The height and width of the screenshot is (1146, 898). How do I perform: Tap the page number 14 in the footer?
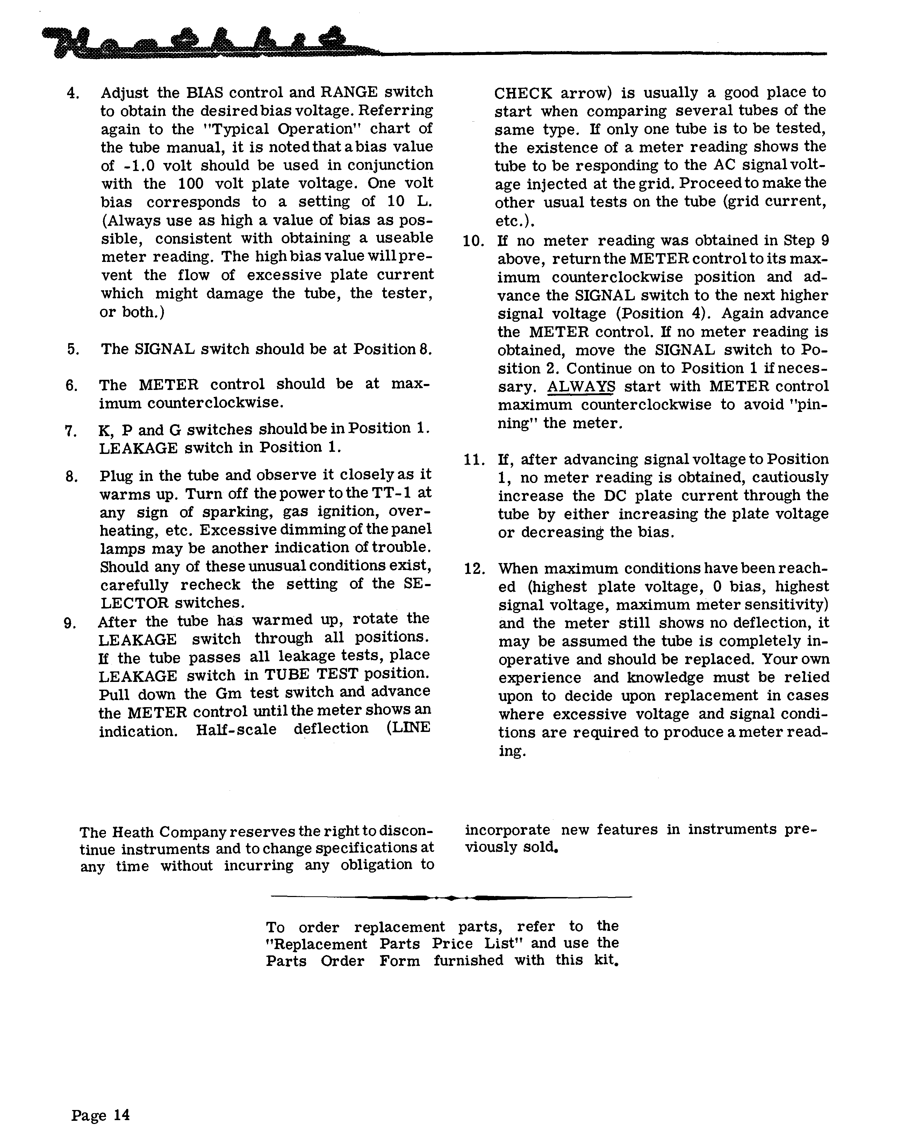point(120,1115)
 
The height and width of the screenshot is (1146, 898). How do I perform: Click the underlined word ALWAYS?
point(581,386)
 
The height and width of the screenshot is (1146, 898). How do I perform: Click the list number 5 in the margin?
point(72,349)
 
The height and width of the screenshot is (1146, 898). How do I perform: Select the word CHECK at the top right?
point(523,93)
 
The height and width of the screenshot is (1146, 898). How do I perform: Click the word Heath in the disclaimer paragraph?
point(131,833)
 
